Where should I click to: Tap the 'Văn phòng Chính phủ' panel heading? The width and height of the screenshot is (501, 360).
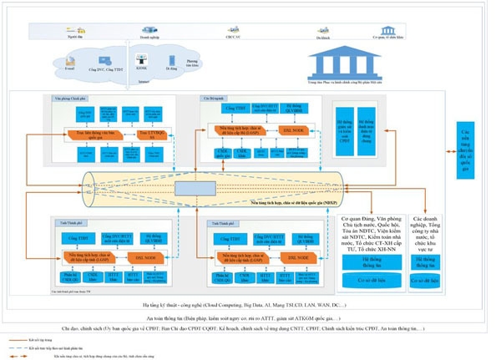(x=66, y=99)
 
